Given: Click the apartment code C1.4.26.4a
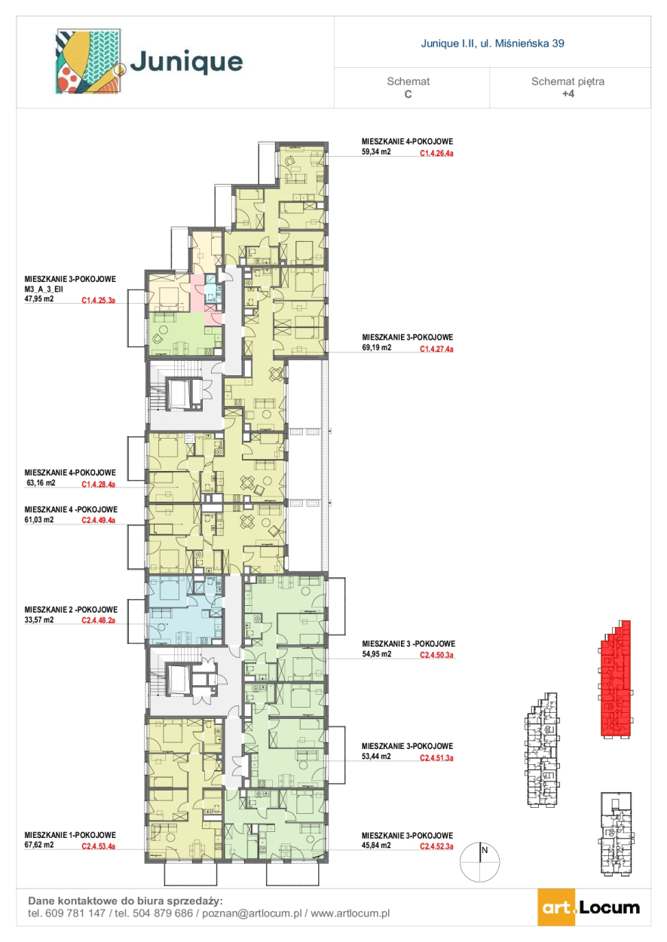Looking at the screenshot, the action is (x=436, y=154).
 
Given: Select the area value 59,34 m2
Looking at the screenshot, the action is (x=376, y=151).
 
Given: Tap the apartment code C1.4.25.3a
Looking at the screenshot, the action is (x=99, y=300).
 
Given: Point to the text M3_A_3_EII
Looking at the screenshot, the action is (x=44, y=289).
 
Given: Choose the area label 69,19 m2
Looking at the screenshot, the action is (x=376, y=347).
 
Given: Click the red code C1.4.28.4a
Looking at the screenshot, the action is (x=99, y=485).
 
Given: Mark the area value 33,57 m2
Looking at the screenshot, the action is (x=39, y=619).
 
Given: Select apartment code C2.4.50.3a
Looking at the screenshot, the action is (x=436, y=655).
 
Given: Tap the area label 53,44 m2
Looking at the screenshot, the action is (x=376, y=756).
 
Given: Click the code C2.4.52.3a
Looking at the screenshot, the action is (x=436, y=846).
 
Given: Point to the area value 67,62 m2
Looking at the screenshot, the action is (x=39, y=845).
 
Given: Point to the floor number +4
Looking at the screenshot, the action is (x=568, y=93).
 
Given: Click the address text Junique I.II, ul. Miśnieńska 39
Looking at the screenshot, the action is (x=492, y=43).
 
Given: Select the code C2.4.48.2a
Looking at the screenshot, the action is (x=99, y=620).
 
